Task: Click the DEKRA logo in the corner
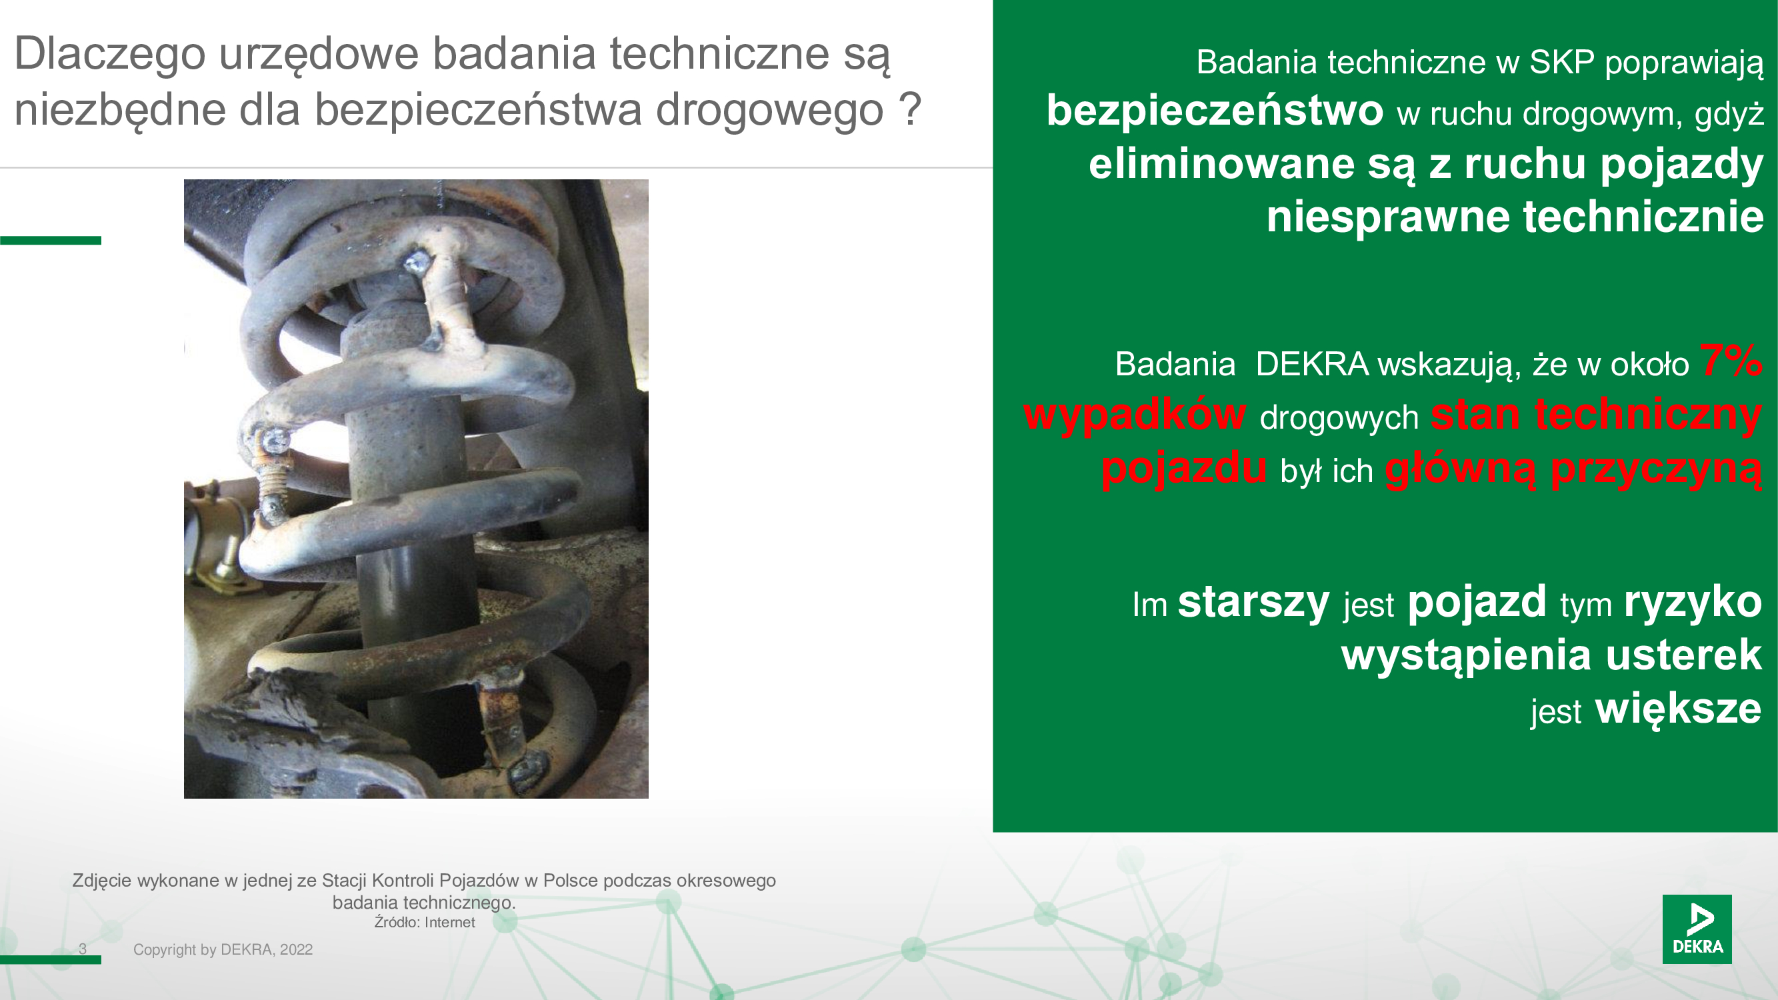[1697, 928]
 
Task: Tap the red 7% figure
[1731, 360]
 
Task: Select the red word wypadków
[1135, 415]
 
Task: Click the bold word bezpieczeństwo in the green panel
[1215, 111]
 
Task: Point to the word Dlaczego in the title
[110, 54]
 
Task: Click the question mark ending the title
[911, 109]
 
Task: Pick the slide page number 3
[83, 949]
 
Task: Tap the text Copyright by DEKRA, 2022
[223, 949]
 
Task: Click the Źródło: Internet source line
[425, 922]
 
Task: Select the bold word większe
[1679, 709]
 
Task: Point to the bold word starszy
[1253, 603]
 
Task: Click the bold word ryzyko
[1693, 603]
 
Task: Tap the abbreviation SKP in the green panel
[1562, 62]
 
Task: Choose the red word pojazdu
[1185, 469]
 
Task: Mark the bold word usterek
[1684, 654]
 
